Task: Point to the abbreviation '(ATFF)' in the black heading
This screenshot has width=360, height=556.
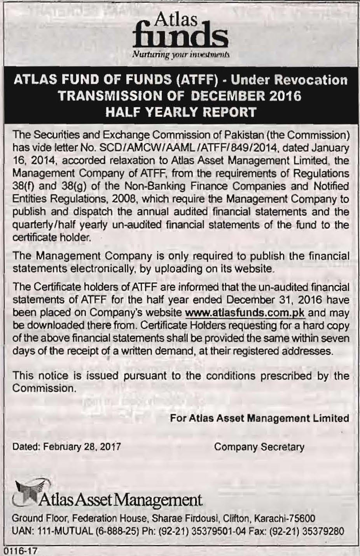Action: (196, 80)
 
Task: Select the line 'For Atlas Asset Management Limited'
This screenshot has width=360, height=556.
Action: (259, 418)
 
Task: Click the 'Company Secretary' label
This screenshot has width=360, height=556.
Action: (259, 447)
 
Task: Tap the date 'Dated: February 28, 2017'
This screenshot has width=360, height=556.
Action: (66, 447)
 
